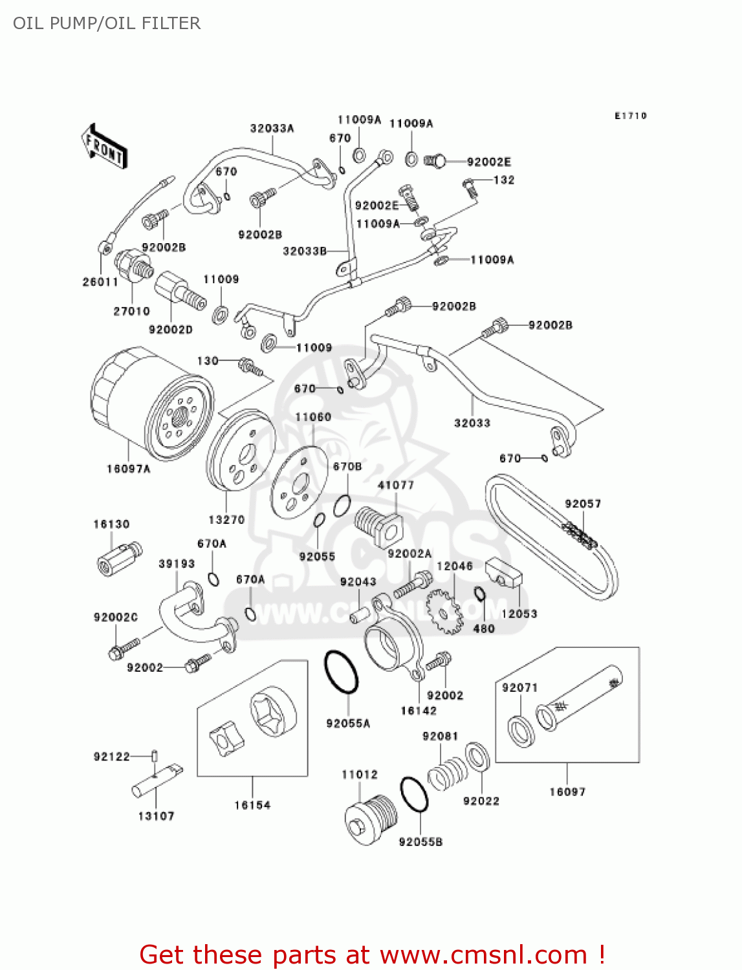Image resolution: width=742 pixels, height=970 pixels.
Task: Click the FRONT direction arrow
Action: click(104, 147)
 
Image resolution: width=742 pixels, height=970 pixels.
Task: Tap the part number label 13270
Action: click(226, 519)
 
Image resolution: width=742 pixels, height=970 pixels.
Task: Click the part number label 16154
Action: click(252, 805)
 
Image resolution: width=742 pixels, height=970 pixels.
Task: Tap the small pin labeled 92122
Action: click(155, 755)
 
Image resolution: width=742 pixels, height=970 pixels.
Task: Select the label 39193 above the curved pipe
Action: click(177, 564)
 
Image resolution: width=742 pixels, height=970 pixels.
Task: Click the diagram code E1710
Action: click(630, 116)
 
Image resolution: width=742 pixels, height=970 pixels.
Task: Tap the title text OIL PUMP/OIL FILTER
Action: click(107, 23)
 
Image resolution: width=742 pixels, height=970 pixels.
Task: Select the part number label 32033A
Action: click(272, 128)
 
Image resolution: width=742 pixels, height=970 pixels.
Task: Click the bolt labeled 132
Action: click(471, 187)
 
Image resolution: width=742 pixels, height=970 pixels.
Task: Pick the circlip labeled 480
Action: click(479, 594)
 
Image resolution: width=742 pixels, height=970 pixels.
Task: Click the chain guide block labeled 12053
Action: click(504, 573)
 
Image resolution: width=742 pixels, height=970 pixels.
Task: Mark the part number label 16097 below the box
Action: click(567, 792)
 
